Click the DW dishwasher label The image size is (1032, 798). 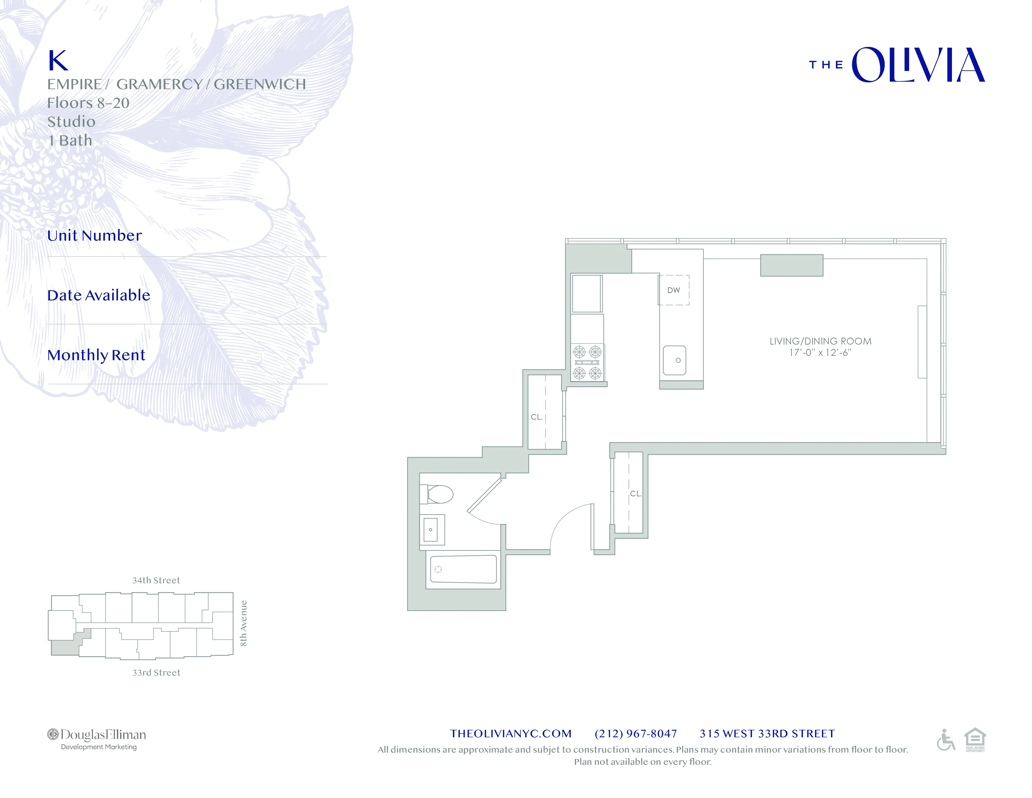(673, 290)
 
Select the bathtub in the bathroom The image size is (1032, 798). (463, 569)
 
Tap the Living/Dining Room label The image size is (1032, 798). (820, 341)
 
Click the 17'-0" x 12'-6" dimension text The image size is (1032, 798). (820, 353)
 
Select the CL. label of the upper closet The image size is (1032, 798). (537, 417)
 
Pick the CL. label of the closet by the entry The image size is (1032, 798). (635, 494)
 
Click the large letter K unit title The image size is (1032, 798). (58, 60)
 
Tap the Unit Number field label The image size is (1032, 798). (94, 235)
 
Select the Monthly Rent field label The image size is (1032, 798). (96, 355)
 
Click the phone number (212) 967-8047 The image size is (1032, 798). (635, 734)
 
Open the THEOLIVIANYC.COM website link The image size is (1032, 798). (511, 734)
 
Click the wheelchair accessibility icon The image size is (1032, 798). (945, 740)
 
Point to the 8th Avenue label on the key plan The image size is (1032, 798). (243, 623)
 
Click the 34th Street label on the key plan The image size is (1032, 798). (156, 581)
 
